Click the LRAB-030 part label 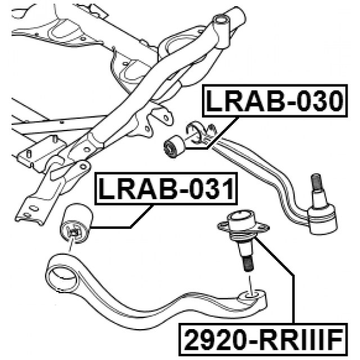273,102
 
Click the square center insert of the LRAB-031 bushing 72,231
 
